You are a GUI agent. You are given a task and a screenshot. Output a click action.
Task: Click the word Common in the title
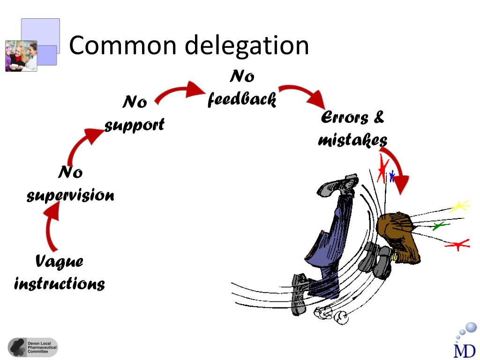coord(122,46)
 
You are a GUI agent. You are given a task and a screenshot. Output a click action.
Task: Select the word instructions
coord(60,284)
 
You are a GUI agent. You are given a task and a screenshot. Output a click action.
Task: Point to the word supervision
coord(70,195)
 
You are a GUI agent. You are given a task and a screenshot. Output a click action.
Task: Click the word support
coord(135,125)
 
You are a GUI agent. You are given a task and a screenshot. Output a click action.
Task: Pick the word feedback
coord(242,99)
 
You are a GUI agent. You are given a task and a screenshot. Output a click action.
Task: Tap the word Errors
coord(345,118)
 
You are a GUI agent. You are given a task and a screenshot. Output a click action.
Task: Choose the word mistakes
coord(352,140)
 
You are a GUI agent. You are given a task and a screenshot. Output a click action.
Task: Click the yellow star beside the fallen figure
coord(460,206)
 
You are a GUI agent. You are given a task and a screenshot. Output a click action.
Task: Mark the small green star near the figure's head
coord(440,226)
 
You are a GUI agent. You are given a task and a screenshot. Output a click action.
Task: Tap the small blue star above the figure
coord(392,176)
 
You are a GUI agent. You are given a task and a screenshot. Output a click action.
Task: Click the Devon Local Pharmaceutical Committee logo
coord(33,347)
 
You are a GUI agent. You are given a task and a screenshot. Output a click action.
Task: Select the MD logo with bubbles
coord(465,340)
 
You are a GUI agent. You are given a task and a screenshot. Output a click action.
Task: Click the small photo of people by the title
coord(21,56)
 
